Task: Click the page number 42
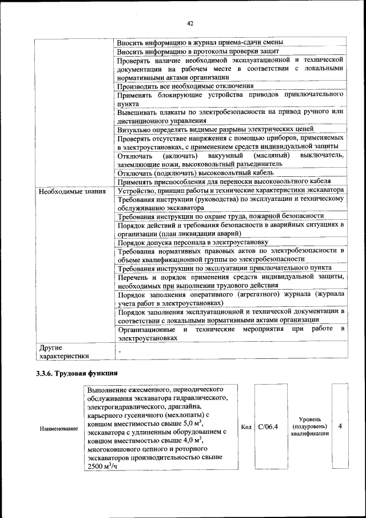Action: click(190, 23)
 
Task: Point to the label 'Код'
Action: click(246, 427)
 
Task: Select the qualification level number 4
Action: click(340, 427)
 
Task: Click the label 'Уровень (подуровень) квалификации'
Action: click(309, 427)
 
